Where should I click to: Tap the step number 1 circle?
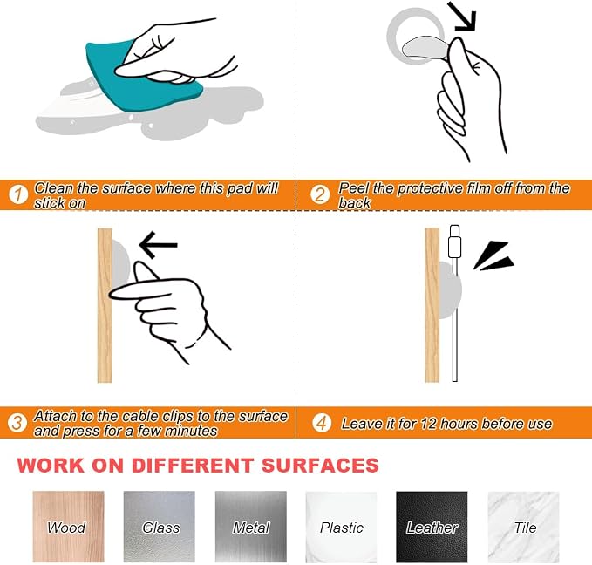click(x=18, y=194)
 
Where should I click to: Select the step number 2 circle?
click(x=320, y=194)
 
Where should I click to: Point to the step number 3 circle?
click(x=17, y=423)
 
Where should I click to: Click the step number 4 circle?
click(x=322, y=423)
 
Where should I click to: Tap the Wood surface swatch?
click(x=68, y=527)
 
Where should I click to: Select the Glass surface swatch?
click(x=160, y=527)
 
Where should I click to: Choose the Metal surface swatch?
click(x=251, y=527)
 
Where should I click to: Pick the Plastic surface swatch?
click(x=341, y=527)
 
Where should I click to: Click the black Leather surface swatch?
click(x=432, y=527)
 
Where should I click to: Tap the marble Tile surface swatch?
click(x=524, y=527)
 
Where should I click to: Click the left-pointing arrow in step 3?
click(x=158, y=245)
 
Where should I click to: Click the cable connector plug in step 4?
click(x=454, y=242)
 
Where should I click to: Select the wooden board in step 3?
click(x=105, y=305)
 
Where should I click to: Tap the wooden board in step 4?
click(x=432, y=305)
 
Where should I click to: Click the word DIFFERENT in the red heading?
click(x=192, y=466)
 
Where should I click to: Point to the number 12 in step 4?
click(x=428, y=424)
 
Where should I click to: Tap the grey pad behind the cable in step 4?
click(x=451, y=290)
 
